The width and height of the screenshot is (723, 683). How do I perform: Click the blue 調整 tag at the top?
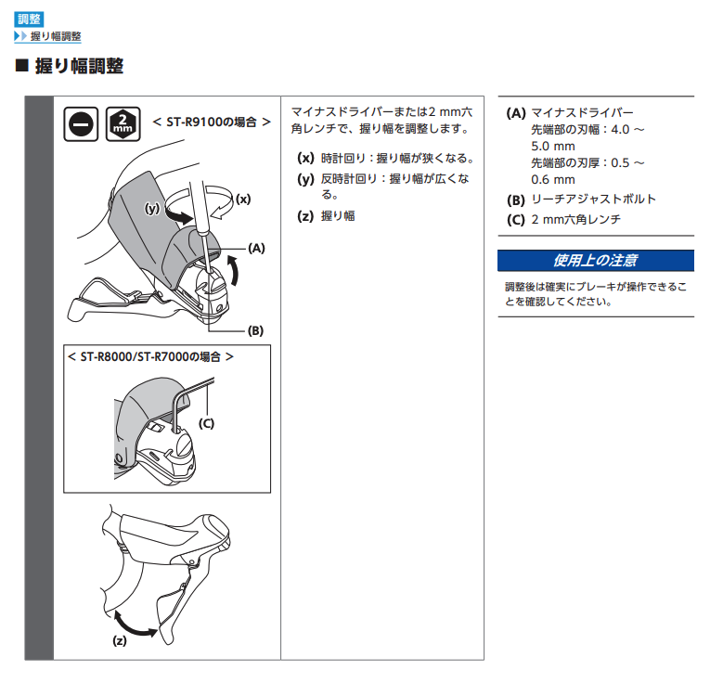coord(29,19)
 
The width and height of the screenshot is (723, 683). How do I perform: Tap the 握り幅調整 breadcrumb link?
coord(56,36)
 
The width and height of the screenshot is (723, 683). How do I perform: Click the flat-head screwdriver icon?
coord(81,124)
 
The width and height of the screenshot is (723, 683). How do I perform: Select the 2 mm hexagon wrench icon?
coord(123,124)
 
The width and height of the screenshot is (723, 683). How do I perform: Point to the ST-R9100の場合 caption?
coord(212,122)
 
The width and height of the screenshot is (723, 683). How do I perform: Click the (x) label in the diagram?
coord(243,200)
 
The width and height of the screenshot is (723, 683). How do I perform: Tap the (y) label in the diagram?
coord(152,209)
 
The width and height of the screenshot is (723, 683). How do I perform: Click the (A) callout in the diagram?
coord(256,249)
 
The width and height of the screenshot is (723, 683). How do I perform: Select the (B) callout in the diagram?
coord(255,330)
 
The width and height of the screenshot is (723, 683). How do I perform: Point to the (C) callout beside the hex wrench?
coord(206,423)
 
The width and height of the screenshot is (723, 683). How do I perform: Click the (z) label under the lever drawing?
coord(120,640)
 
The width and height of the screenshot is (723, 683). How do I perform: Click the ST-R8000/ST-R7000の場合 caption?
coord(150,357)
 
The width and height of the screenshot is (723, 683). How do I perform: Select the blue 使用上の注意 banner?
coord(596,261)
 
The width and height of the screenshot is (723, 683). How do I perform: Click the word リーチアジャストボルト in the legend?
coord(594,200)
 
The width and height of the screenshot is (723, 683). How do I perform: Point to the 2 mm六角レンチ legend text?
coord(576,219)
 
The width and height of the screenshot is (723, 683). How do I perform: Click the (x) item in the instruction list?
coord(385,158)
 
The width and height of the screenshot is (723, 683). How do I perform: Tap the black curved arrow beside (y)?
coord(179,216)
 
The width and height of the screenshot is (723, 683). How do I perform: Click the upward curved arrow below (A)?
coord(234,271)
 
